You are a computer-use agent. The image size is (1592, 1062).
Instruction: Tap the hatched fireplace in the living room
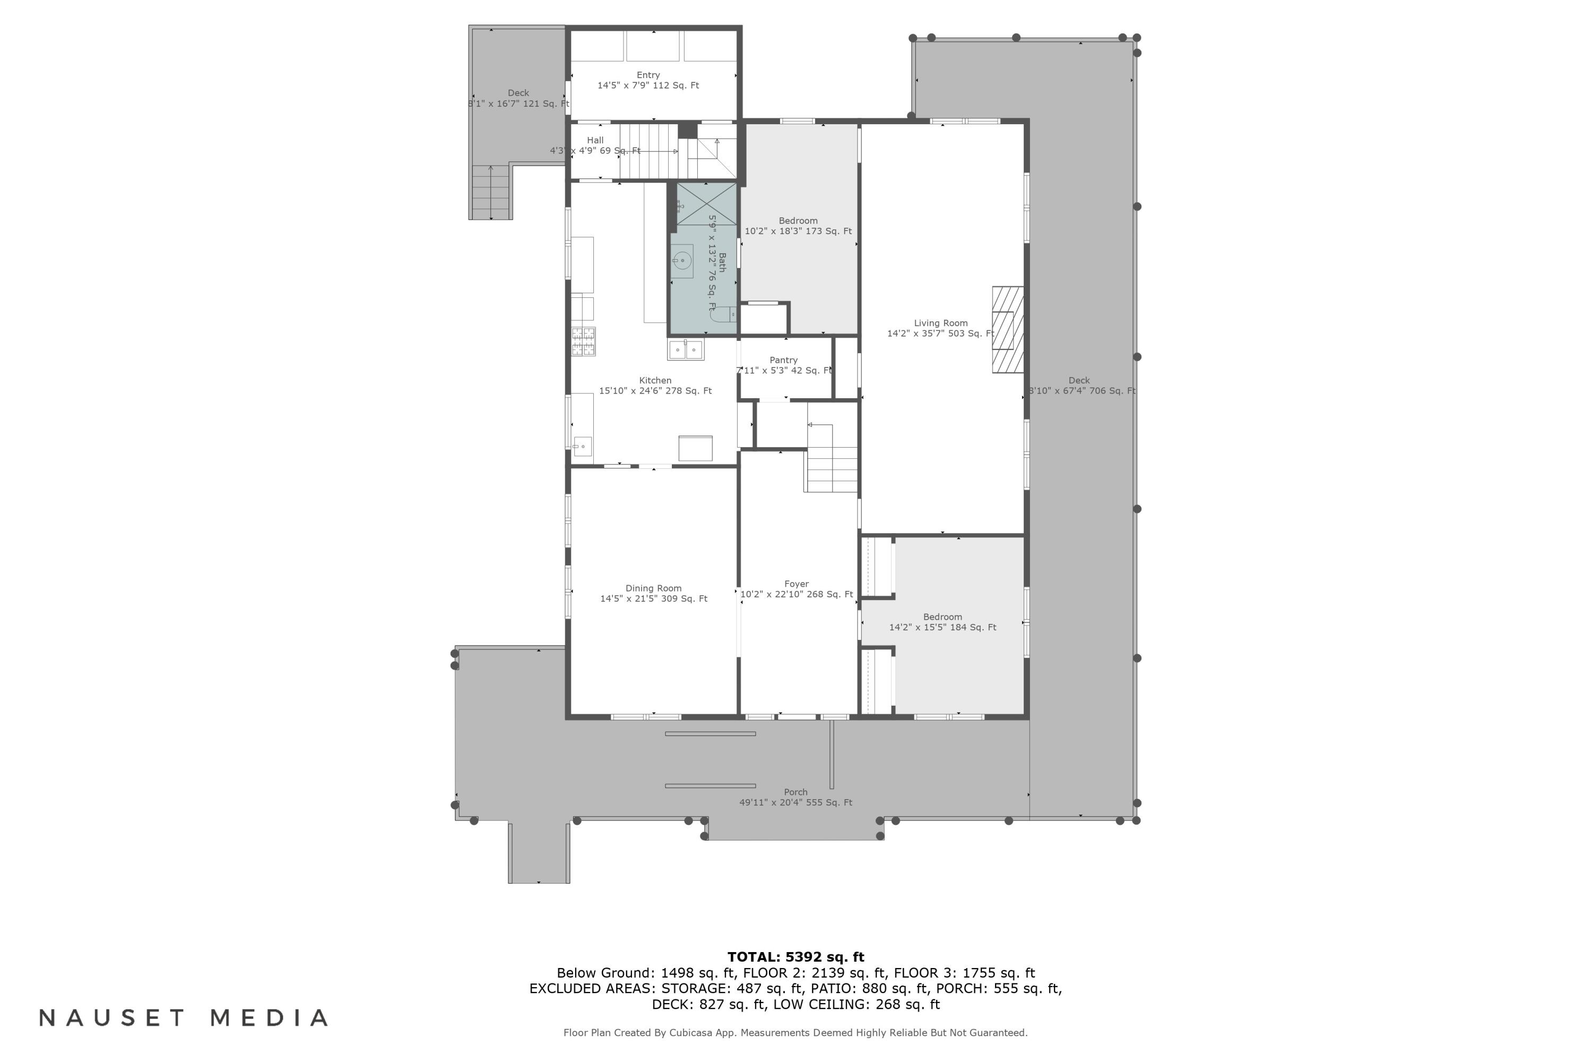(x=1007, y=330)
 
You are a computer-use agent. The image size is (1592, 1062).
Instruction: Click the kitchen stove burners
(x=583, y=341)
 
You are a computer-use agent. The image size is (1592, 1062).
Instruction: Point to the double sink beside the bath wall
(x=686, y=350)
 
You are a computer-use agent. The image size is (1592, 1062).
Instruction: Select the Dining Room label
(x=653, y=588)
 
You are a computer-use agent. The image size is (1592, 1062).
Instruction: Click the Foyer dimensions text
(x=796, y=595)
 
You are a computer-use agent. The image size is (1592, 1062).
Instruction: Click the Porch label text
(x=795, y=792)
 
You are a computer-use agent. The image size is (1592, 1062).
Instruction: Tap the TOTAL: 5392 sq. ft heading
(x=795, y=957)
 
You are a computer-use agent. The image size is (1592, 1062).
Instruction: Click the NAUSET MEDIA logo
(x=184, y=1018)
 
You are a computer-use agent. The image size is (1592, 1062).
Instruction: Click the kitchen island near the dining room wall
(x=695, y=448)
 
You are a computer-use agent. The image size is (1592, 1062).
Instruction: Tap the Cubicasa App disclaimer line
(x=795, y=1033)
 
